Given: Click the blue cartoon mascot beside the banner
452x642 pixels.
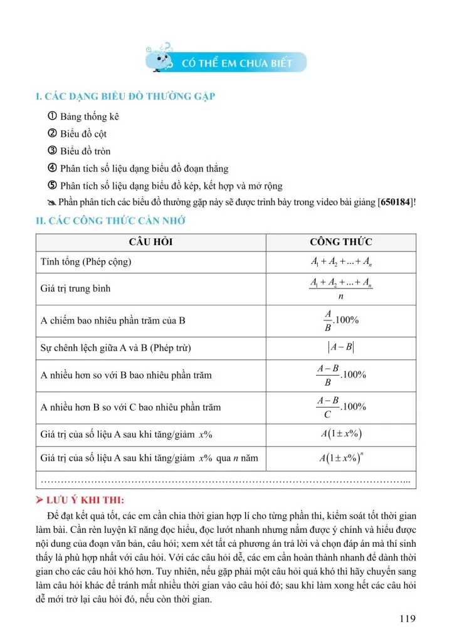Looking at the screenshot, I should point(160,58).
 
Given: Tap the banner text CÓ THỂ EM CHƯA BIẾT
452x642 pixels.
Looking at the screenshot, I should point(236,63).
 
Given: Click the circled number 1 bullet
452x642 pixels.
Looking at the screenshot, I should point(52,117).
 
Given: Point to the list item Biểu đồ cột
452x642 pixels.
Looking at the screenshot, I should point(84,134).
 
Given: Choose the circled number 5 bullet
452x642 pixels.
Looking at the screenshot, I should point(52,186).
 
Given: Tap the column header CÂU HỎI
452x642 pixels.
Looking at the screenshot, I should point(150,241).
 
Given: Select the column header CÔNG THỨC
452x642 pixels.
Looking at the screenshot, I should point(340,241).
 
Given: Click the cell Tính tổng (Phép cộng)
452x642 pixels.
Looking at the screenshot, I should point(86,261).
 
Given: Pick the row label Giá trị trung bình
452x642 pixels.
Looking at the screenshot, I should point(75,289).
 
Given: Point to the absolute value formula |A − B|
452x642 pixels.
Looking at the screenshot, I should point(341,348).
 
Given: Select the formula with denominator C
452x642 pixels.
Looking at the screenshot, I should point(341,407).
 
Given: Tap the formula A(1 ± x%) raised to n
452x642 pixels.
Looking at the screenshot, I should point(341,458).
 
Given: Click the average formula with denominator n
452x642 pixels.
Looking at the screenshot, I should point(341,289).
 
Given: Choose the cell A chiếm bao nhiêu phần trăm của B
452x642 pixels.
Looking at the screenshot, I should point(113,321).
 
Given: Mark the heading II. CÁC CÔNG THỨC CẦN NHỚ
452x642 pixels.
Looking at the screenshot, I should point(110,221).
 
